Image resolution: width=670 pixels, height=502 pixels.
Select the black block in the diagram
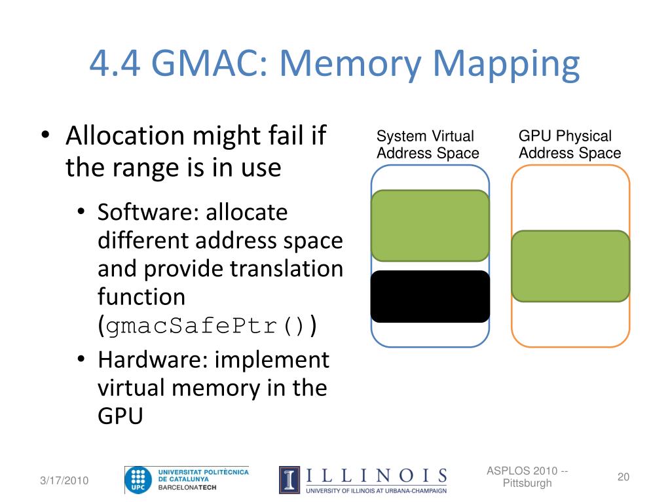(x=430, y=296)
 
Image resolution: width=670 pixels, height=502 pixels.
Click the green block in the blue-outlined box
(x=430, y=226)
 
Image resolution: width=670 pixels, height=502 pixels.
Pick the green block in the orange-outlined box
(x=570, y=266)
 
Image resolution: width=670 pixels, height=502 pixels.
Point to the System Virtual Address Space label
(x=428, y=145)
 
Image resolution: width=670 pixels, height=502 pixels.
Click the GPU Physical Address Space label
(x=570, y=145)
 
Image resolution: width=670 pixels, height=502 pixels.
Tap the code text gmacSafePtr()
(x=206, y=326)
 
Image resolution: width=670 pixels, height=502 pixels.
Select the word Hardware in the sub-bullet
(x=153, y=360)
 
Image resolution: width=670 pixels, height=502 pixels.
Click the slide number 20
(x=623, y=477)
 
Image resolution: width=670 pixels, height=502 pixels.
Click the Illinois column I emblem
(x=290, y=480)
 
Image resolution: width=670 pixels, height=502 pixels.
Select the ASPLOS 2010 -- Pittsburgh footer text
(x=527, y=477)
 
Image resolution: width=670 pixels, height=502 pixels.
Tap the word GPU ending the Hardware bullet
(x=120, y=416)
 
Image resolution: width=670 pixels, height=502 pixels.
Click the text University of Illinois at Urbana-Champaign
(x=377, y=490)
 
